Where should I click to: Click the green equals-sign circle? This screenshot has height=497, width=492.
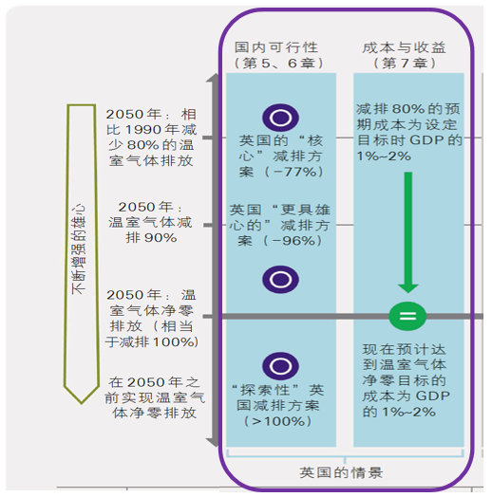(x=407, y=316)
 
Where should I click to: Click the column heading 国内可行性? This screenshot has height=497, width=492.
(x=276, y=47)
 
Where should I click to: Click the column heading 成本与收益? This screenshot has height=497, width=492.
(x=404, y=47)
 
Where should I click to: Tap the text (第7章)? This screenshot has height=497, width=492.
(x=404, y=64)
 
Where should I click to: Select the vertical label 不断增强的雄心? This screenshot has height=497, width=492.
(x=79, y=249)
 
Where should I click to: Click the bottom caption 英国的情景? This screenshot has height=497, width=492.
(x=341, y=472)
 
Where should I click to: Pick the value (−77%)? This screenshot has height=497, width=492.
(x=293, y=172)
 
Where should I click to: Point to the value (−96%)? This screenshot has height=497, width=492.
(x=293, y=241)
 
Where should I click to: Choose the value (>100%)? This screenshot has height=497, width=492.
(x=277, y=421)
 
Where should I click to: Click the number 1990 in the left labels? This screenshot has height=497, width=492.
(x=143, y=130)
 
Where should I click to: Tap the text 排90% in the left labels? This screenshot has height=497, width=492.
(x=151, y=238)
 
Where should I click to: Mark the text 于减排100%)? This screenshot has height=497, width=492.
(x=152, y=341)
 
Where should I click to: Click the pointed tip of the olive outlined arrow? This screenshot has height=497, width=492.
(x=82, y=404)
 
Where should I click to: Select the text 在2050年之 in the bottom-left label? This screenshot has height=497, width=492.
(x=154, y=382)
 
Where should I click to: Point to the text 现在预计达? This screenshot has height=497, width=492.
(x=405, y=349)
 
